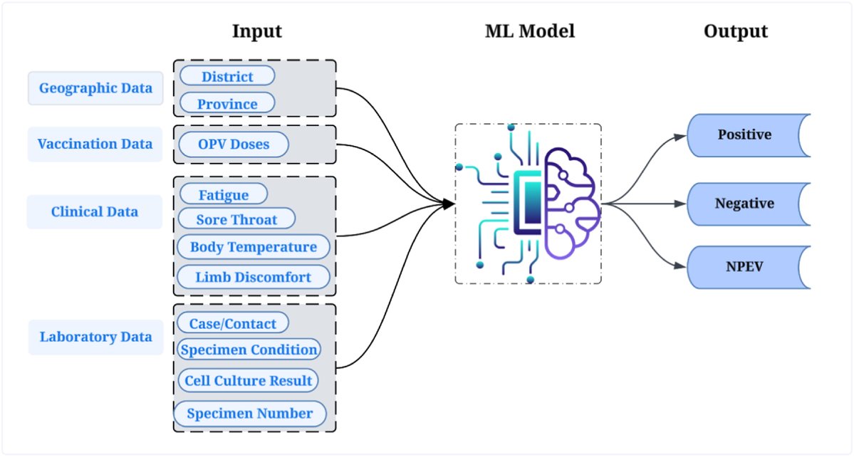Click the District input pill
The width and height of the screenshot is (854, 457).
pyautogui.click(x=226, y=76)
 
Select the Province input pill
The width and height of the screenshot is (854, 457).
pyautogui.click(x=226, y=104)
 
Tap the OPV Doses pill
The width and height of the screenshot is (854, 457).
pyautogui.click(x=234, y=145)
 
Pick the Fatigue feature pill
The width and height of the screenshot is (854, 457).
pyautogui.click(x=223, y=195)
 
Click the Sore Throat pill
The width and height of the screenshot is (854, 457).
pyautogui.click(x=236, y=220)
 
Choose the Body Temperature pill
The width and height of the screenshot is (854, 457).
pyautogui.click(x=253, y=247)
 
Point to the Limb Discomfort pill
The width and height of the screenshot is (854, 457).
pyautogui.click(x=253, y=277)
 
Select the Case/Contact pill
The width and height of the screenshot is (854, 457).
pyautogui.click(x=232, y=324)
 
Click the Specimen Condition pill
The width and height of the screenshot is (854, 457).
pyautogui.click(x=248, y=350)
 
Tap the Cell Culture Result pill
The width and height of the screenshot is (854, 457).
pyautogui.click(x=248, y=381)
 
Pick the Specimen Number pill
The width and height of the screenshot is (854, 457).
pyautogui.click(x=250, y=414)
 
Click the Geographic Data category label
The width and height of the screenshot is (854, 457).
pyautogui.click(x=95, y=88)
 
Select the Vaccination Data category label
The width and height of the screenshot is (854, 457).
pyautogui.click(x=95, y=144)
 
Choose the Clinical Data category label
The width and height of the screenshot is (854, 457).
pyautogui.click(x=94, y=212)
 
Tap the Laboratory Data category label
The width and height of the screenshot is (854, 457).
pyautogui.click(x=95, y=337)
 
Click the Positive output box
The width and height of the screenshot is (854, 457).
pyautogui.click(x=746, y=135)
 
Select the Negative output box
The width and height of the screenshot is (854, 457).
pyautogui.click(x=746, y=204)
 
